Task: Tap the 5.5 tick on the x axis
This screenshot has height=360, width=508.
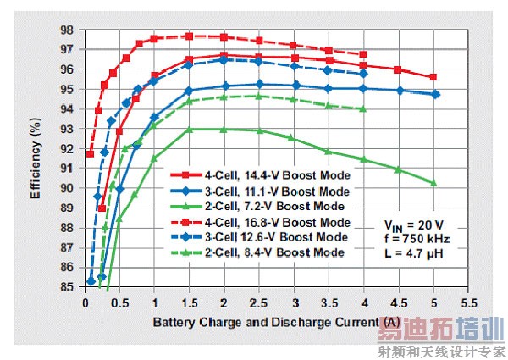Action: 467,302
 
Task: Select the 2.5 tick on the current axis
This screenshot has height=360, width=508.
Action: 259,302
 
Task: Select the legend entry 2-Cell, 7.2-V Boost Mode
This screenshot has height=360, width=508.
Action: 285,206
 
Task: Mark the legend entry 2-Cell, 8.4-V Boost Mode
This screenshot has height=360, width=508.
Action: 285,252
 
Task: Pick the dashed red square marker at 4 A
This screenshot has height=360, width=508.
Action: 363,54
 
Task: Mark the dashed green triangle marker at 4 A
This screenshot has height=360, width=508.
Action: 363,108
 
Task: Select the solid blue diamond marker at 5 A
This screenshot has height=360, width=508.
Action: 434,94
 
